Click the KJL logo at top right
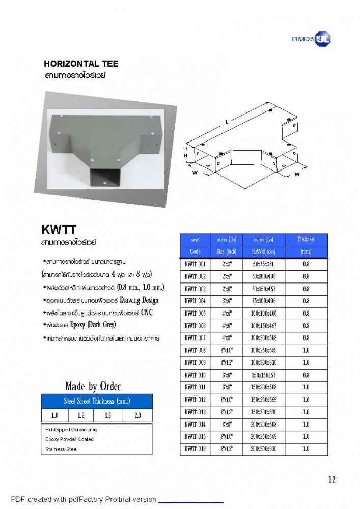click(x=322, y=39)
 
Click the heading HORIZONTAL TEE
click(x=81, y=64)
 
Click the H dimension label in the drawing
click(x=186, y=155)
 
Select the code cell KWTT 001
click(x=195, y=264)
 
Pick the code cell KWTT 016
click(x=195, y=449)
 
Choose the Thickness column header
click(x=306, y=245)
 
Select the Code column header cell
click(x=195, y=251)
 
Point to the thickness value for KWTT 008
click(x=306, y=351)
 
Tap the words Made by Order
click(x=93, y=386)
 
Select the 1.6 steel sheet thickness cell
click(x=108, y=415)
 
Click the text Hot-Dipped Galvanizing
click(x=71, y=430)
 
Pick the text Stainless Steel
click(x=61, y=449)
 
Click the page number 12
click(x=332, y=479)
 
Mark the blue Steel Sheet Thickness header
click(x=96, y=401)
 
